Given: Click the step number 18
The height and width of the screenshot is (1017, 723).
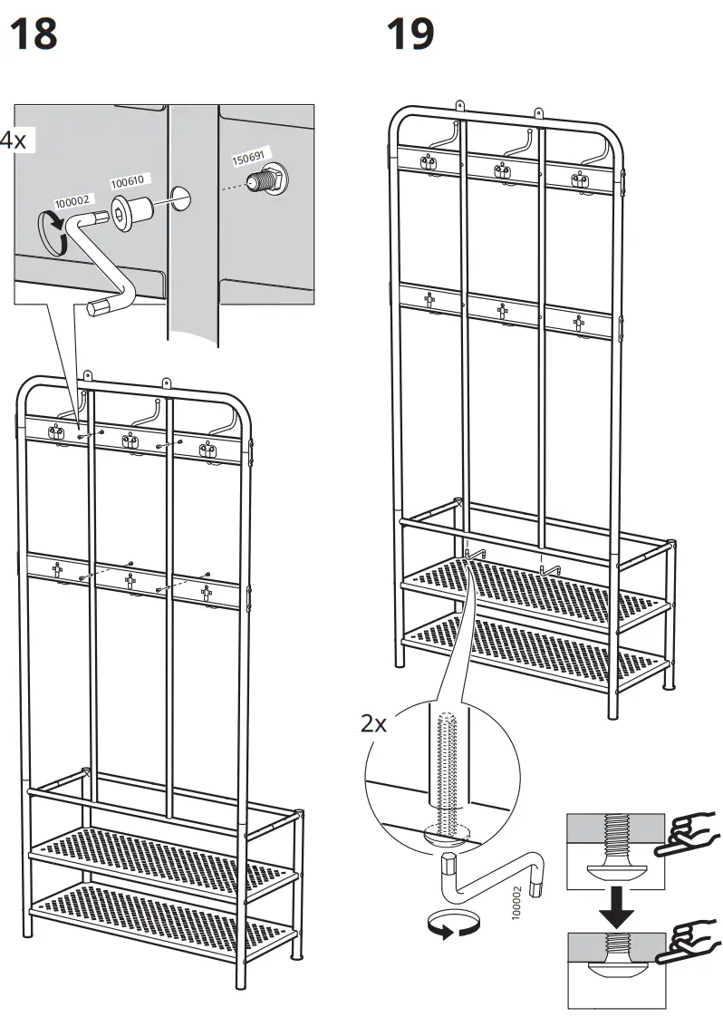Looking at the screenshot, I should (33, 34).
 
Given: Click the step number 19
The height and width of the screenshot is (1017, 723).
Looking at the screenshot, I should (410, 34).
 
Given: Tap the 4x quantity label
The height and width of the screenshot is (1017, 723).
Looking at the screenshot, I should (12, 140).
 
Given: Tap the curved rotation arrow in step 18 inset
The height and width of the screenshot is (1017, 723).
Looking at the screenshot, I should (53, 229).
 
